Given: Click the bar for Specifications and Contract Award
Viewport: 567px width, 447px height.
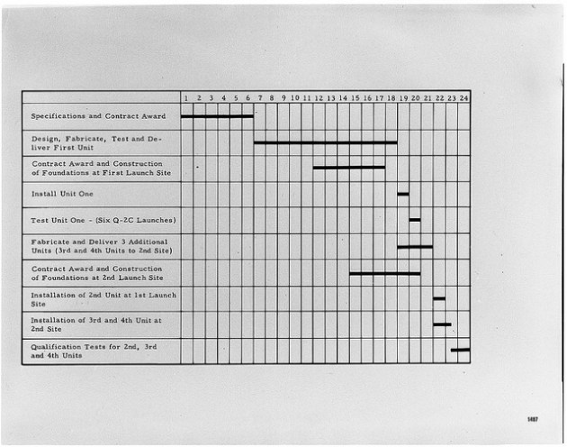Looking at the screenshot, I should (x=217, y=116).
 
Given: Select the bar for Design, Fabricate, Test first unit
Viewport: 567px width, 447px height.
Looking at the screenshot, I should (x=325, y=142).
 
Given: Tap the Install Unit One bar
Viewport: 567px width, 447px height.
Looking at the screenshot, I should (x=403, y=194).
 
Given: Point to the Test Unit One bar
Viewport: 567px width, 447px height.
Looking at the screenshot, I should (x=415, y=220).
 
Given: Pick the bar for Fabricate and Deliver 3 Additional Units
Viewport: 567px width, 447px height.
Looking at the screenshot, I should (x=415, y=247).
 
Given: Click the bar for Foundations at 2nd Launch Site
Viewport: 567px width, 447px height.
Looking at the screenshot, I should (x=385, y=273).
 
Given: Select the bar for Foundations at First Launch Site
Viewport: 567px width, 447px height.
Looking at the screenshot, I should (x=349, y=168).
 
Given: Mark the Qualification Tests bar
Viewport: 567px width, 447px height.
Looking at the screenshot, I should (x=460, y=350).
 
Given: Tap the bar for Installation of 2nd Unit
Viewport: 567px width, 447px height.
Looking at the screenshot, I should (x=439, y=298).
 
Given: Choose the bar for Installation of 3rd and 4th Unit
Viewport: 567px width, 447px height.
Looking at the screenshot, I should (x=442, y=324).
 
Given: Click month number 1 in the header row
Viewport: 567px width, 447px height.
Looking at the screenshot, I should (x=186, y=97).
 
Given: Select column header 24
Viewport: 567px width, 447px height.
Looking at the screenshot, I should (x=463, y=97).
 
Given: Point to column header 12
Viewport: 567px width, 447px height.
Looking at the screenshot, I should (x=319, y=97).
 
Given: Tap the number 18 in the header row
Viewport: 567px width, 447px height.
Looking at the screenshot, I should (x=391, y=97).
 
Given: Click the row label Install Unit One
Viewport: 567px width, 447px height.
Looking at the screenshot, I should (x=62, y=194).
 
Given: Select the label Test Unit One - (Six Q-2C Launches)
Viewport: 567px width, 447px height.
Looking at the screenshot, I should (x=103, y=220).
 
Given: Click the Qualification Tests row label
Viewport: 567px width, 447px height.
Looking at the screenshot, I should (x=94, y=351).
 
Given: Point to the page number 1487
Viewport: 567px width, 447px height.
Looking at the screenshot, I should (x=533, y=419).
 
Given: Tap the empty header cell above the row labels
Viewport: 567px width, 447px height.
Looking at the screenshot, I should (x=101, y=97).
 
